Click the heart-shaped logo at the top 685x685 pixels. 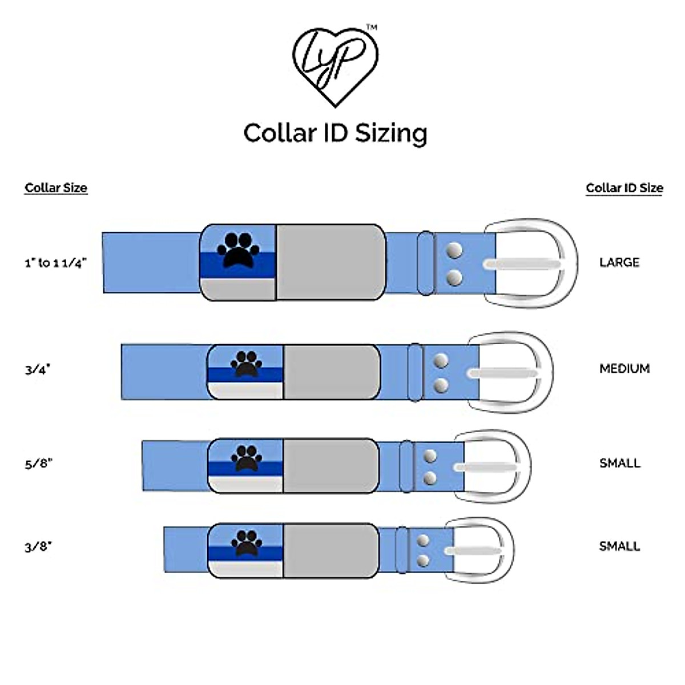335,66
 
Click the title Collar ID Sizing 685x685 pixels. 335,133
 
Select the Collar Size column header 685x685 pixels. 56,188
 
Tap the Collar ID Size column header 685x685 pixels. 624,188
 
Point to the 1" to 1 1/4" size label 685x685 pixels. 55,263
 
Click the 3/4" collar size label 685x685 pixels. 38,369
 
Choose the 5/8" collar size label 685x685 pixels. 38,463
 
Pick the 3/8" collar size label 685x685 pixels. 38,546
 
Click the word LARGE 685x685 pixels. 619,263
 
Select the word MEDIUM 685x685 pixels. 624,369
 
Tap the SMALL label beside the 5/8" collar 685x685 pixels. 620,463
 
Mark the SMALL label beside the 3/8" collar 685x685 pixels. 620,546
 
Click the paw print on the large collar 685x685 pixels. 239,250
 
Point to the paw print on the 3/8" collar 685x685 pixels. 246,542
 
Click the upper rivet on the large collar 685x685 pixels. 454,250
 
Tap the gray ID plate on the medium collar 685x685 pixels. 331,372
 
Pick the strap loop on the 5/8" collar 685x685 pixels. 406,466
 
